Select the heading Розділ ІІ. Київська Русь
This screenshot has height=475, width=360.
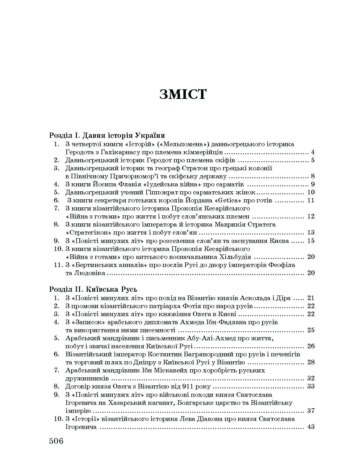93,289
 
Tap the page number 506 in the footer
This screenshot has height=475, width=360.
56,440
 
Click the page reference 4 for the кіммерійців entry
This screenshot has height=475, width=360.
312,152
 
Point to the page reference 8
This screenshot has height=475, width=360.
312,176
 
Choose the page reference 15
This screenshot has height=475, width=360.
311,240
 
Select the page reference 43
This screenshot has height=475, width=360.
311,427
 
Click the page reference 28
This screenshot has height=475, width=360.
311,362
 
